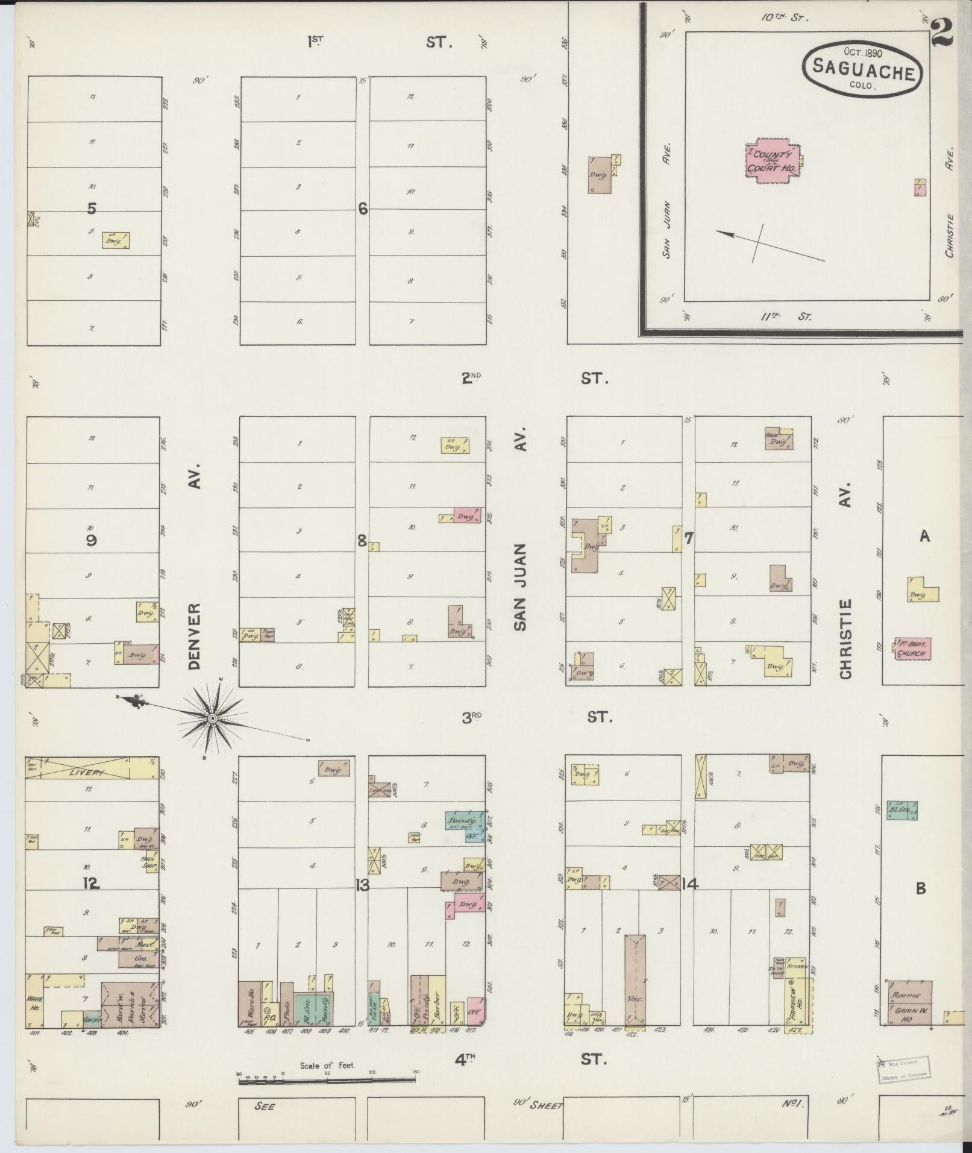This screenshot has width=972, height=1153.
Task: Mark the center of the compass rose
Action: tap(212, 718)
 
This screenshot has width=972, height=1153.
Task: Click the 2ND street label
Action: tap(471, 379)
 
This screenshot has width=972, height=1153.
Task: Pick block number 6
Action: tap(362, 209)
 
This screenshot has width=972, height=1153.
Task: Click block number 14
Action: tap(690, 884)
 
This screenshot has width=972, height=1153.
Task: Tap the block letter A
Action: tap(924, 536)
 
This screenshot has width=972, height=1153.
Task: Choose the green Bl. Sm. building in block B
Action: tap(901, 811)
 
